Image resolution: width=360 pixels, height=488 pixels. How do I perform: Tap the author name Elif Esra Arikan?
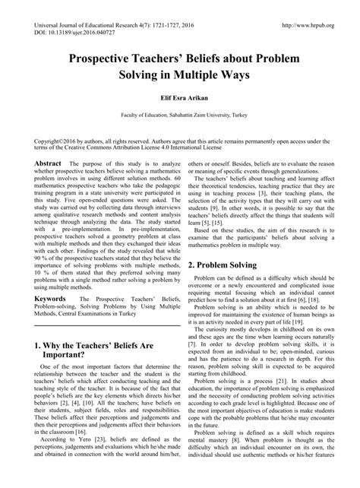point(179,96)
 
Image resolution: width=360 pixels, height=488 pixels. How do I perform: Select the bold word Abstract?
point(48,163)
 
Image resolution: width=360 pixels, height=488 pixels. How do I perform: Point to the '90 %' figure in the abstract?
point(43,256)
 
